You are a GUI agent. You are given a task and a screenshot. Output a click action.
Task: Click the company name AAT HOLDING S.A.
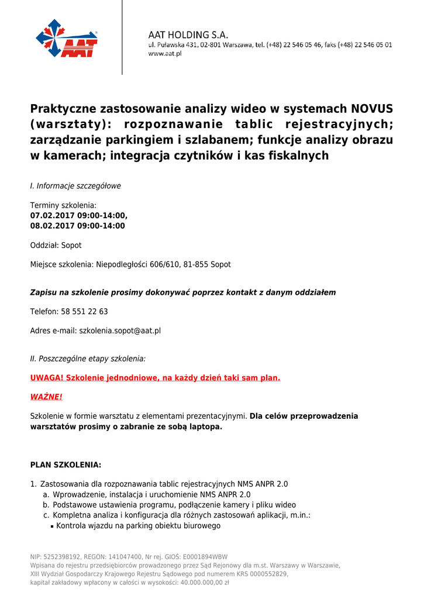(188, 35)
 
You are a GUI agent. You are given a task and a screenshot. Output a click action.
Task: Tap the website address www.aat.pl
(164, 53)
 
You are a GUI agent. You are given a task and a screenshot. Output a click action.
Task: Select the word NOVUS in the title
(372, 109)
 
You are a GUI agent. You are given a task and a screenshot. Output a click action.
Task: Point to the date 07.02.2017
(54, 215)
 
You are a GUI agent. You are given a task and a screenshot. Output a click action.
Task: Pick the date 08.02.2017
(54, 225)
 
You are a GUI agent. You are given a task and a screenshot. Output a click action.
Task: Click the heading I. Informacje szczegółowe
(75, 186)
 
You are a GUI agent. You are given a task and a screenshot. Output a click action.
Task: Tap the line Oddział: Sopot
(56, 245)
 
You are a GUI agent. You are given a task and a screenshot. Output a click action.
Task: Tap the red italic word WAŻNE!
(46, 397)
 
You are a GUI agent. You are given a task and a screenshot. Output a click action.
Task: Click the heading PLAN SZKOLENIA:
(66, 465)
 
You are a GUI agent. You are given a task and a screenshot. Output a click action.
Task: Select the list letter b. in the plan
(46, 505)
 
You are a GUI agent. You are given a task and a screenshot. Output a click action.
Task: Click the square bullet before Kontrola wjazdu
(52, 526)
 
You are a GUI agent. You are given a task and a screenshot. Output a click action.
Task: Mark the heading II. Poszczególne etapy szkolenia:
(88, 358)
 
